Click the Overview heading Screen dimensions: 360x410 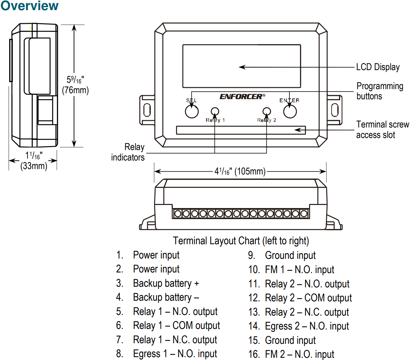click(x=29, y=6)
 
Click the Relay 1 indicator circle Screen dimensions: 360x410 click(x=215, y=111)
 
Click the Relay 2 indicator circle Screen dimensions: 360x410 click(x=267, y=111)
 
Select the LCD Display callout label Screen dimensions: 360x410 click(x=378, y=67)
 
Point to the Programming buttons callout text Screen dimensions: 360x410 click(x=380, y=91)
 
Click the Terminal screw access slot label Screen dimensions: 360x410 click(x=382, y=130)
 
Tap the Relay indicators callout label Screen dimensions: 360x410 click(x=128, y=152)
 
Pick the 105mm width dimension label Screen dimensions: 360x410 click(x=240, y=171)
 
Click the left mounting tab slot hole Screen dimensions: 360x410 click(x=147, y=110)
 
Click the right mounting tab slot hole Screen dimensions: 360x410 click(x=335, y=110)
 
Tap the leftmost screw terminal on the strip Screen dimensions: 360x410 click(x=178, y=214)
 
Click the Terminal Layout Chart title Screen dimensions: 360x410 click(x=241, y=241)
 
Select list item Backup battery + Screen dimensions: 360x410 click(x=166, y=283)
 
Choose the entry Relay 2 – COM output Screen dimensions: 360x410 click(x=308, y=298)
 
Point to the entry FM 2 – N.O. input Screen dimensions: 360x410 click(x=299, y=354)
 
